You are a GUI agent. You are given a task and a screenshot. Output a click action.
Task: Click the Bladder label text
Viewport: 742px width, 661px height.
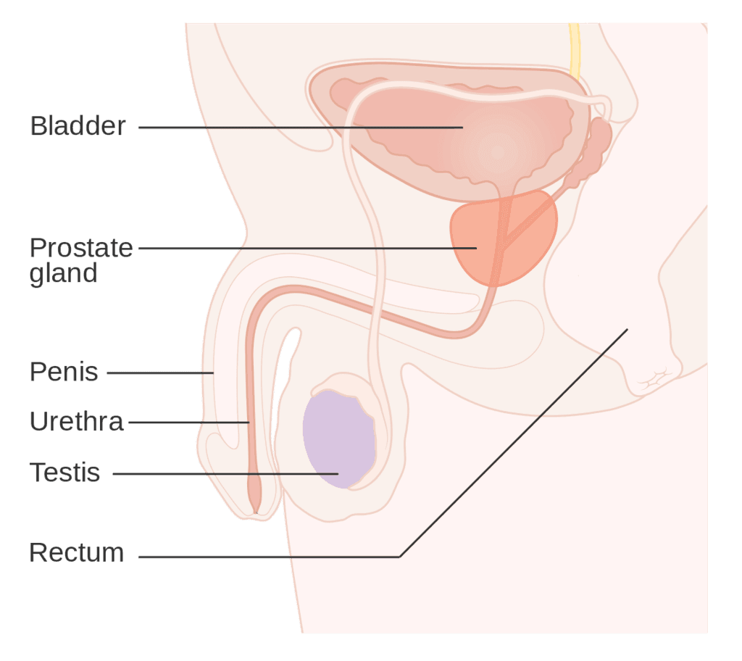click(78, 126)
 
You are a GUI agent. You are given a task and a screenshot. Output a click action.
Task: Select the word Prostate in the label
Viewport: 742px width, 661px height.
click(81, 248)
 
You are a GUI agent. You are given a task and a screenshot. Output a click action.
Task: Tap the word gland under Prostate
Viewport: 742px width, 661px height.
click(64, 274)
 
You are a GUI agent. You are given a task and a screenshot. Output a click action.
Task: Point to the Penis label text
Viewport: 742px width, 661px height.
click(64, 372)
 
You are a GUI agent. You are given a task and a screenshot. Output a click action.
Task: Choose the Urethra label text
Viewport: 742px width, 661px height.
click(77, 421)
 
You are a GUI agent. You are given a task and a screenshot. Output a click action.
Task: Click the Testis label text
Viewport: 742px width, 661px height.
click(64, 473)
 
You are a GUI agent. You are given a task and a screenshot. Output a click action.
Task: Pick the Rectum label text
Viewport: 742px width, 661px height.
click(77, 552)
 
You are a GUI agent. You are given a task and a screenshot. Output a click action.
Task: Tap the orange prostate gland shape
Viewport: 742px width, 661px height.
click(504, 238)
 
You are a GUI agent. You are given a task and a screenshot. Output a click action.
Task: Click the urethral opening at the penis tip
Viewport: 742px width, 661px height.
click(256, 512)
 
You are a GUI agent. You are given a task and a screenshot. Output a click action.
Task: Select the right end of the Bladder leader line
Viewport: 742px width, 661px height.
click(462, 128)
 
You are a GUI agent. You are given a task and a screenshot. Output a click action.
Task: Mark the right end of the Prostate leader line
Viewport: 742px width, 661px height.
click(476, 248)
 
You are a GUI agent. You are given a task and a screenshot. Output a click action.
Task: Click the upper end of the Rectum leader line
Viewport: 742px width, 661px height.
click(628, 329)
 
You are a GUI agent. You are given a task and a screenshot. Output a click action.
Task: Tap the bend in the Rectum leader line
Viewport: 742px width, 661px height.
click(400, 557)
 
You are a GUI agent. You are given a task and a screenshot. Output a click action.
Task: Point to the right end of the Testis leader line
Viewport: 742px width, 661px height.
click(338, 473)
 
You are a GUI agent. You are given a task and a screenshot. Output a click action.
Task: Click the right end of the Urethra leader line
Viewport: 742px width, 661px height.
click(249, 422)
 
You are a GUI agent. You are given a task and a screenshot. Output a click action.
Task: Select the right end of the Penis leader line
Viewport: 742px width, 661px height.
click(214, 373)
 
